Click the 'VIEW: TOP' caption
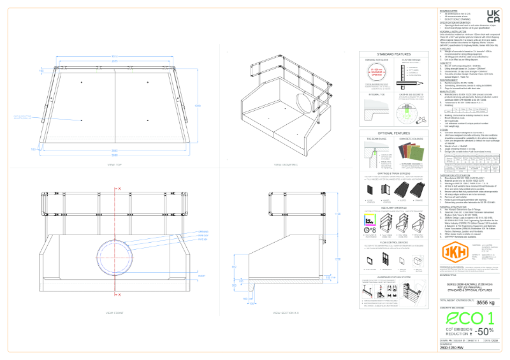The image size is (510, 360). pos(115,164)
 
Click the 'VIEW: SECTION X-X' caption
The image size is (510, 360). pos(286,313)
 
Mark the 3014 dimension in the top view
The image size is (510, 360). pos(115,57)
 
